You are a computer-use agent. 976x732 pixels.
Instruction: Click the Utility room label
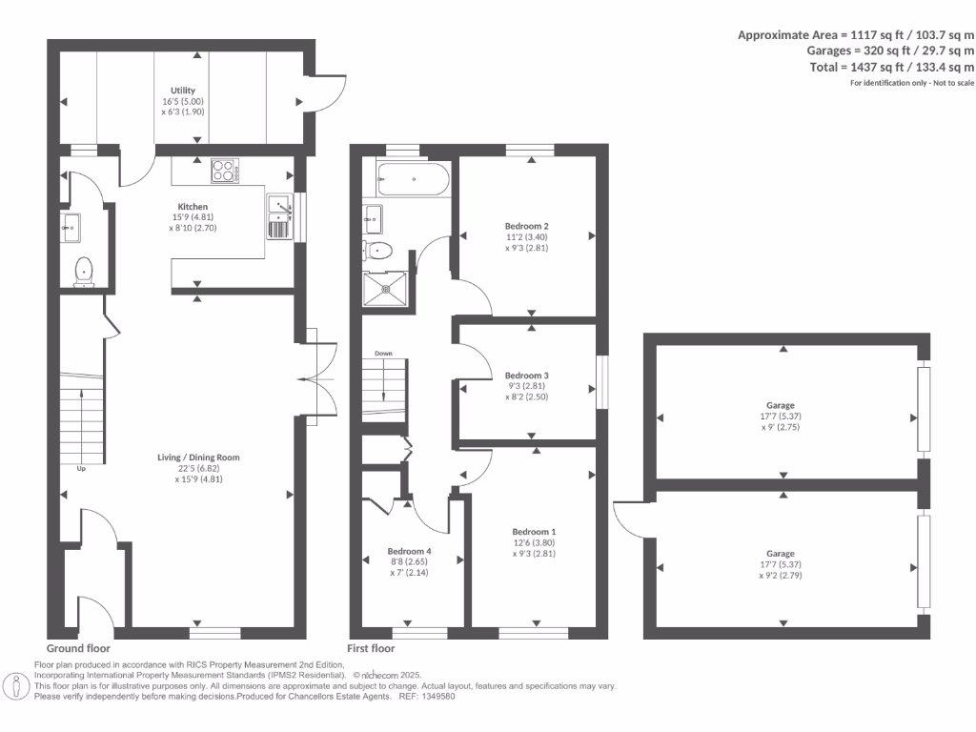(182, 90)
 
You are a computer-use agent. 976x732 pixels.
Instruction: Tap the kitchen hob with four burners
(224, 172)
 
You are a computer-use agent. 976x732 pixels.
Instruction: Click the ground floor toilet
(85, 272)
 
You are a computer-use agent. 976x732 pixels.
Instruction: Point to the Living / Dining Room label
(198, 457)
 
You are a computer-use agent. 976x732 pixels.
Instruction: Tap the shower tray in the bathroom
(386, 287)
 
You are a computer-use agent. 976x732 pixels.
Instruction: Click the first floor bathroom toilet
(378, 251)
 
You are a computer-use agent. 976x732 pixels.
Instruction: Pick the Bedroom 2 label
(526, 226)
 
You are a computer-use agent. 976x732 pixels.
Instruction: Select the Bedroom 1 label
(533, 532)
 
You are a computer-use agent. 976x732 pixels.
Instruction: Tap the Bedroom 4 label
(409, 551)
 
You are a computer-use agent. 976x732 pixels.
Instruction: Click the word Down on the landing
(383, 354)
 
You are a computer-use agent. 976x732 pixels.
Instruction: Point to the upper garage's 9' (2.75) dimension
(783, 427)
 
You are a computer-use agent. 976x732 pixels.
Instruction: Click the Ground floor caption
(78, 647)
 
